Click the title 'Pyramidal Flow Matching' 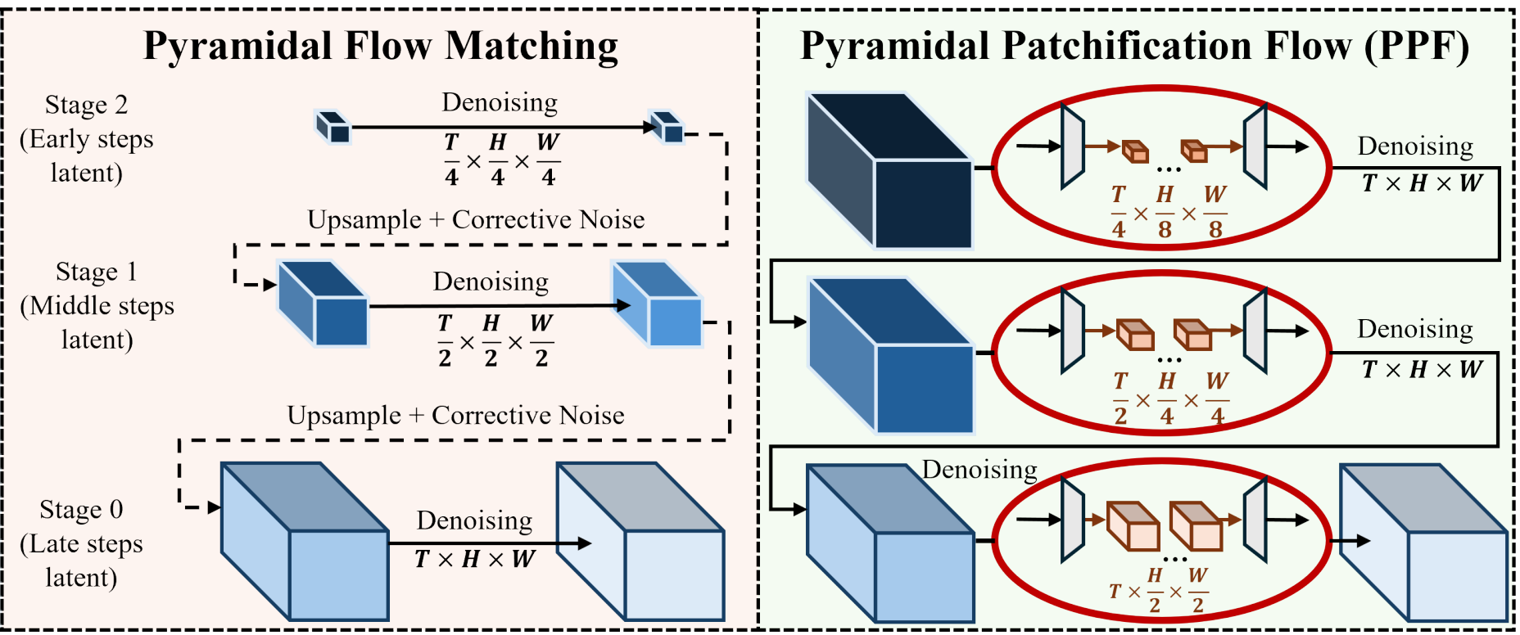point(381,46)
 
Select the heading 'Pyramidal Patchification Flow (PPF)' point(1134,46)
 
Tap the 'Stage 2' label point(86,105)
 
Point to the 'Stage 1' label point(96,272)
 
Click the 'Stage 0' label point(81,510)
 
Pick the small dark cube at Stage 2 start point(333,128)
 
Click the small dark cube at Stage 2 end point(666,127)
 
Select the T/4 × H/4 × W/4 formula point(500,160)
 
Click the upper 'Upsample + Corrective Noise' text point(476,219)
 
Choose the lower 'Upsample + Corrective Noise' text point(455,416)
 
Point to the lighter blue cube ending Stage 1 point(657,304)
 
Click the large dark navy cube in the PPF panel point(889,169)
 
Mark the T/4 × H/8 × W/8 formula point(1168,212)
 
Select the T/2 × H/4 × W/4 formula point(1170,399)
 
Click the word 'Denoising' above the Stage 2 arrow point(500,102)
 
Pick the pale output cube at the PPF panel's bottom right point(1423,543)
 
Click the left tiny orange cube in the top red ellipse point(1135,151)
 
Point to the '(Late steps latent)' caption point(81,561)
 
